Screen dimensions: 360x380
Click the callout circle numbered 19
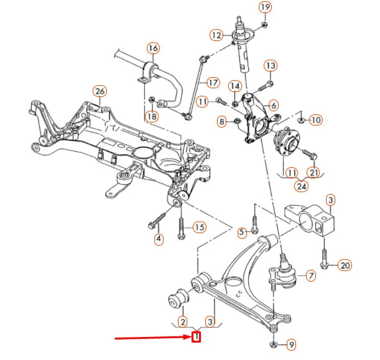266,7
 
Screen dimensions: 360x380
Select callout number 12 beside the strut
216,35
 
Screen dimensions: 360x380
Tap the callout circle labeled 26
100,91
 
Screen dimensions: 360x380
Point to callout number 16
153,48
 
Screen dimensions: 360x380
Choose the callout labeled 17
212,82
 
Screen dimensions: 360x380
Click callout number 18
152,116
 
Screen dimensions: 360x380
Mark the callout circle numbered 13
270,65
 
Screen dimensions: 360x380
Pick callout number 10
315,119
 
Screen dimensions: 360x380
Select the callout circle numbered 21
314,172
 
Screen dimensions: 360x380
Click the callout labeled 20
345,265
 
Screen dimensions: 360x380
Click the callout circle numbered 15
198,228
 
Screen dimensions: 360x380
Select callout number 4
159,238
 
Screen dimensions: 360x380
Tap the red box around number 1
197,338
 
